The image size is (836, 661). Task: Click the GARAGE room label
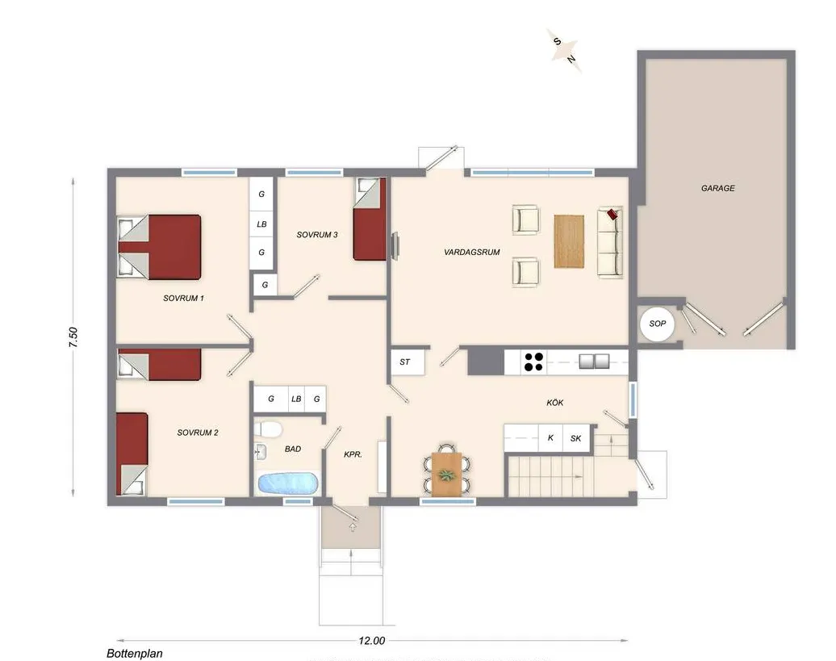(x=717, y=188)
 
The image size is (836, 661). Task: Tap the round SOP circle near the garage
(x=657, y=324)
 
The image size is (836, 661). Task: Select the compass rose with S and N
(x=565, y=49)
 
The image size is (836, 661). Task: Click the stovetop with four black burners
(x=533, y=362)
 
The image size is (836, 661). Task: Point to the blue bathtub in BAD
(x=287, y=483)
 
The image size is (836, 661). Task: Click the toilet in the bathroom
(x=267, y=427)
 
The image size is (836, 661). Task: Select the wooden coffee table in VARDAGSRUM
(x=569, y=241)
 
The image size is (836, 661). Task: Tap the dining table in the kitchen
(x=446, y=473)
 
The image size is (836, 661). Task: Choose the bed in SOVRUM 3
(x=370, y=220)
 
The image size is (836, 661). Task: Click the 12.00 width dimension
(x=371, y=641)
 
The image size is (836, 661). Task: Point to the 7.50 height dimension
(x=73, y=337)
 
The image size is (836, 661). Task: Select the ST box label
(x=405, y=362)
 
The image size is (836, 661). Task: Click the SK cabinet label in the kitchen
(x=575, y=438)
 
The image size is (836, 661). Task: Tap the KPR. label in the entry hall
(x=353, y=454)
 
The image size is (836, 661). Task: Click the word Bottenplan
(x=134, y=654)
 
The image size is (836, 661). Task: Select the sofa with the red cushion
(x=610, y=242)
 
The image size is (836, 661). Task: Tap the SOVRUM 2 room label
(x=198, y=433)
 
